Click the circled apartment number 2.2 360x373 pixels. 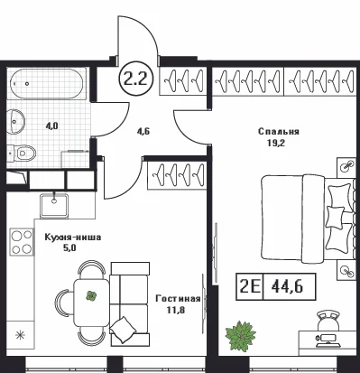click(137, 79)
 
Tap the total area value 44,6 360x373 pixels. click(287, 286)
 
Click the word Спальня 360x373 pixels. click(279, 132)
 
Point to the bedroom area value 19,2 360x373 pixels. click(276, 143)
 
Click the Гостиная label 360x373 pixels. click(178, 298)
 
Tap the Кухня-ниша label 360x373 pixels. click(73, 238)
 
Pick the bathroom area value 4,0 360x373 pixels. click(51, 126)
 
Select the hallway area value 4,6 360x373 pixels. click(143, 132)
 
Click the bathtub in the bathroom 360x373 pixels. click(47, 84)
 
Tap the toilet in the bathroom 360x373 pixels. click(22, 153)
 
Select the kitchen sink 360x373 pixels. click(54, 205)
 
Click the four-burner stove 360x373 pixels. click(22, 241)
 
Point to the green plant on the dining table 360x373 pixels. click(91, 296)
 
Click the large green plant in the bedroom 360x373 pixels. click(241, 336)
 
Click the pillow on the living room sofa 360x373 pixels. click(123, 329)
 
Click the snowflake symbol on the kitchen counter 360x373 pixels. click(20, 335)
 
